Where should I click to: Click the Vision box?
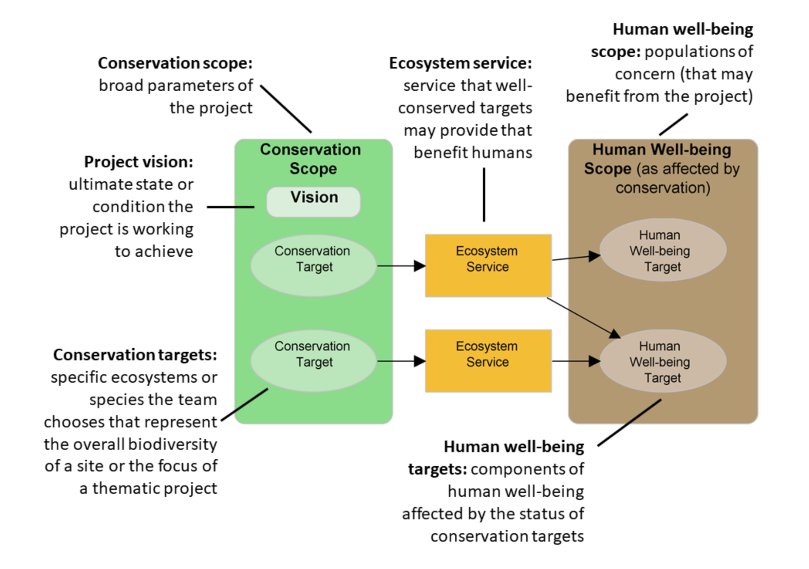tap(313, 202)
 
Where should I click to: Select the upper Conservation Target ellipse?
tap(313, 265)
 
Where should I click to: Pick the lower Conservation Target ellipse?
tap(313, 361)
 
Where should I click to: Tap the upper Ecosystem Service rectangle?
tap(488, 265)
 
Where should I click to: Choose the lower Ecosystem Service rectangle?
tap(488, 361)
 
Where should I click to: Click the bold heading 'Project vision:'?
tap(138, 162)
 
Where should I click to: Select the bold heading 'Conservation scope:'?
tap(175, 63)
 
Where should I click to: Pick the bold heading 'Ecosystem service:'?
tap(460, 63)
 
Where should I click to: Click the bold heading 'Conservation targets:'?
tap(135, 355)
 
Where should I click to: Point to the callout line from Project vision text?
tap(230, 207)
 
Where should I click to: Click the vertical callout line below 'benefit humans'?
tap(484, 195)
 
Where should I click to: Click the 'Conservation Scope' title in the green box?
tap(311, 159)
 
